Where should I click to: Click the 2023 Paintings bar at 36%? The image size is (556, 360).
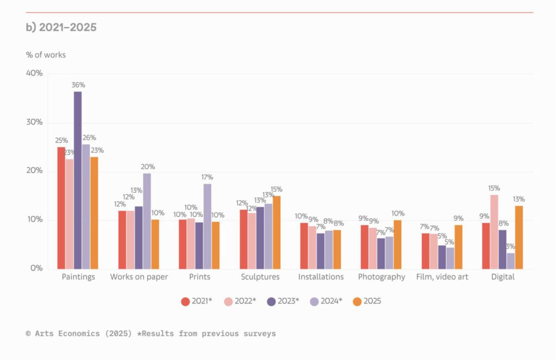point(78,180)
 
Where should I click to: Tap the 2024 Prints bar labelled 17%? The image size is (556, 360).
point(207,226)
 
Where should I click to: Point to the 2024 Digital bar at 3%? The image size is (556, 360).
point(510,261)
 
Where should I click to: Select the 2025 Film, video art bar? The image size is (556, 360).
point(458,247)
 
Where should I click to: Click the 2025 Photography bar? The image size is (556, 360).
point(398,244)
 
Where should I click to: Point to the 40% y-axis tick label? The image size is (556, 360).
point(34,73)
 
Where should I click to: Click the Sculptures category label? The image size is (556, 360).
point(260,277)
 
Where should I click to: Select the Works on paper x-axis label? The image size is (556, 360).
point(139,277)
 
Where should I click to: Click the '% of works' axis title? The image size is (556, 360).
point(46,55)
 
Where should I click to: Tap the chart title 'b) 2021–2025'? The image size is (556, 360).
point(61,27)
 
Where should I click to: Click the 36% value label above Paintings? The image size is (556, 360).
point(78,85)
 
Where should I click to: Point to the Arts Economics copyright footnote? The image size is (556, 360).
point(150,333)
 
